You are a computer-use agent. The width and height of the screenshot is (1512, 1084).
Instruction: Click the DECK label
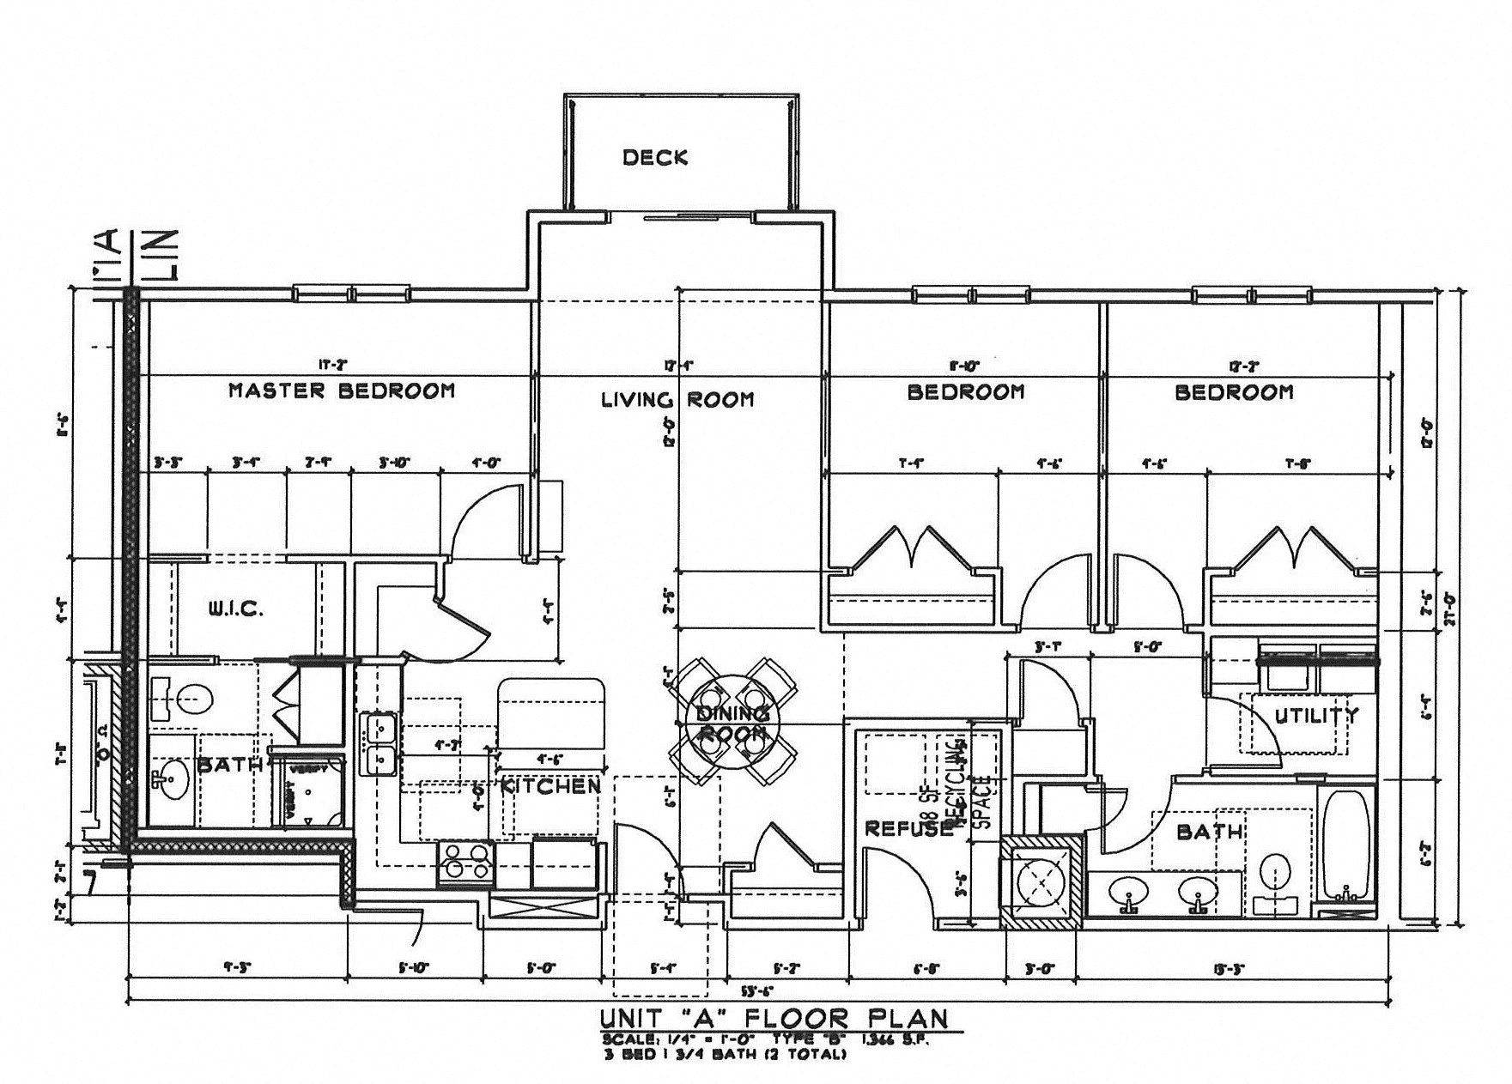[x=655, y=158]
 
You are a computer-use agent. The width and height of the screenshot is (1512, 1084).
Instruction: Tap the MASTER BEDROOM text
[x=341, y=391]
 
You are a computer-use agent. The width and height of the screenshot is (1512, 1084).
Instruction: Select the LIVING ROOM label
[x=677, y=399]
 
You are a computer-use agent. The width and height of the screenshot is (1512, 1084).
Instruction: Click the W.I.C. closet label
[x=235, y=609]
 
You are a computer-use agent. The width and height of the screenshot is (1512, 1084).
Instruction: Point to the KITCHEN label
[x=551, y=786]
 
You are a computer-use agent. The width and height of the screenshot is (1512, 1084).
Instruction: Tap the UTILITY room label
[x=1316, y=715]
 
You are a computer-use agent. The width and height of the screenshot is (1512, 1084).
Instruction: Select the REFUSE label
[x=908, y=829]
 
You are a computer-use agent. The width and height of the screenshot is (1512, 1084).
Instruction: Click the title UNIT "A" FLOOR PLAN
[x=773, y=1019]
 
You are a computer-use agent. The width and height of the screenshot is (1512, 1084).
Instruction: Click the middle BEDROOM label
[x=966, y=392]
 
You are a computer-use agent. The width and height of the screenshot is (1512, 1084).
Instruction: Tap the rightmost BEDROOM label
[x=1234, y=392]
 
